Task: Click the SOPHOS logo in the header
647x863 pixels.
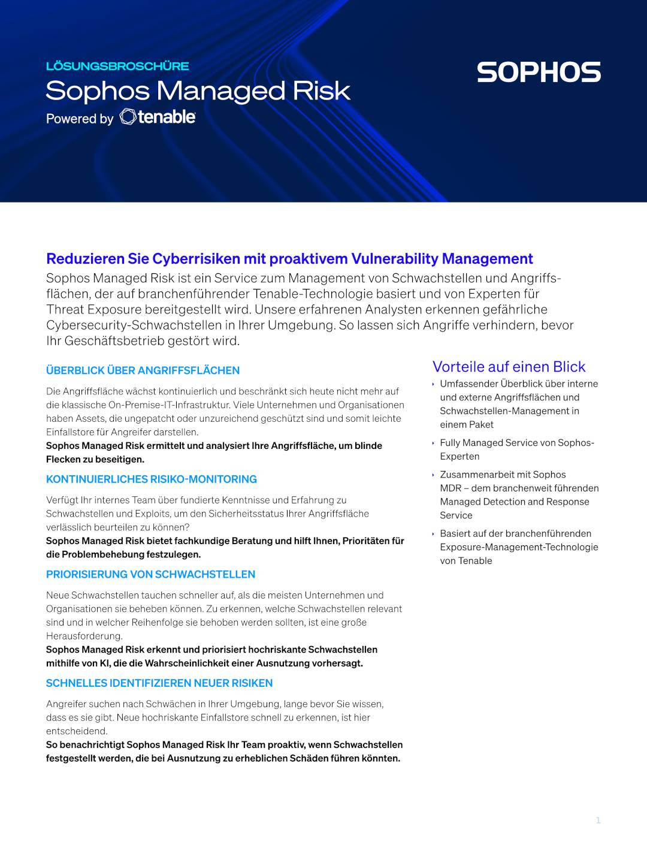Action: [539, 72]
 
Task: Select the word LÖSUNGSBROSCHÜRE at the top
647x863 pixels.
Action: [117, 66]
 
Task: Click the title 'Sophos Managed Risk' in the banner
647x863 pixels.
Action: [198, 90]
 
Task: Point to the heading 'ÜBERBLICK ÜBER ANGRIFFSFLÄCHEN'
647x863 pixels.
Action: [143, 370]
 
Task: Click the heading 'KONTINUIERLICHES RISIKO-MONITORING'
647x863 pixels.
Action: [151, 479]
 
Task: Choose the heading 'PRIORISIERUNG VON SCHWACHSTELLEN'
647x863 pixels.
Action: [150, 574]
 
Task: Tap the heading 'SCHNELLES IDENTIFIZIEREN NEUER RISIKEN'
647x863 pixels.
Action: [159, 683]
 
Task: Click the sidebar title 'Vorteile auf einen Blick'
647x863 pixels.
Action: [509, 366]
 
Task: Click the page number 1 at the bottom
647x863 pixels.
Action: [598, 820]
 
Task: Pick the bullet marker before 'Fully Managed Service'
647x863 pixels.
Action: [433, 443]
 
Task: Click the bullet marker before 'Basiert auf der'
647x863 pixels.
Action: [433, 533]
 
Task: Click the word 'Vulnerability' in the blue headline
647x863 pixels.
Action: [394, 258]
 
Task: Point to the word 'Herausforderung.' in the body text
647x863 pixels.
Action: [84, 636]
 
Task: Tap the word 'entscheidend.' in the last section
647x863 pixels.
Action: [77, 731]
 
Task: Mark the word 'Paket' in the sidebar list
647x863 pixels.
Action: [480, 424]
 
